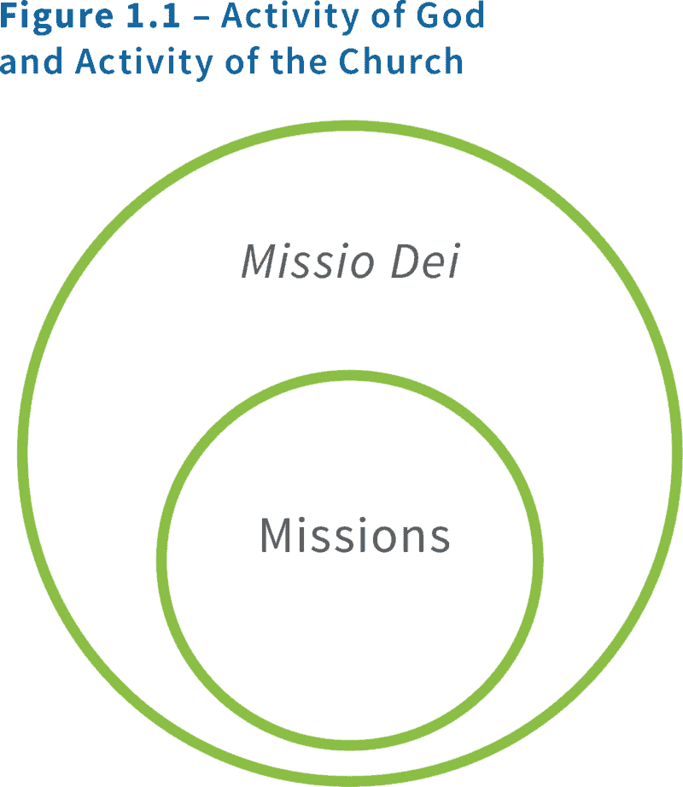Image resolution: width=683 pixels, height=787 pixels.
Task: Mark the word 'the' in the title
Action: pos(291,62)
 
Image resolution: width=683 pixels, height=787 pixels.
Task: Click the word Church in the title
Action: pos(400,62)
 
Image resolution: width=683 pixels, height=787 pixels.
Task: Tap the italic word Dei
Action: pos(424,261)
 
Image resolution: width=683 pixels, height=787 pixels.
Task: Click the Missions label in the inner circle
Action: pos(354,536)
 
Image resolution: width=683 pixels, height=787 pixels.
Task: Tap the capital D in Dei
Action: pos(405,261)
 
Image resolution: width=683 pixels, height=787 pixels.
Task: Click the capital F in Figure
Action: pos(8,17)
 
